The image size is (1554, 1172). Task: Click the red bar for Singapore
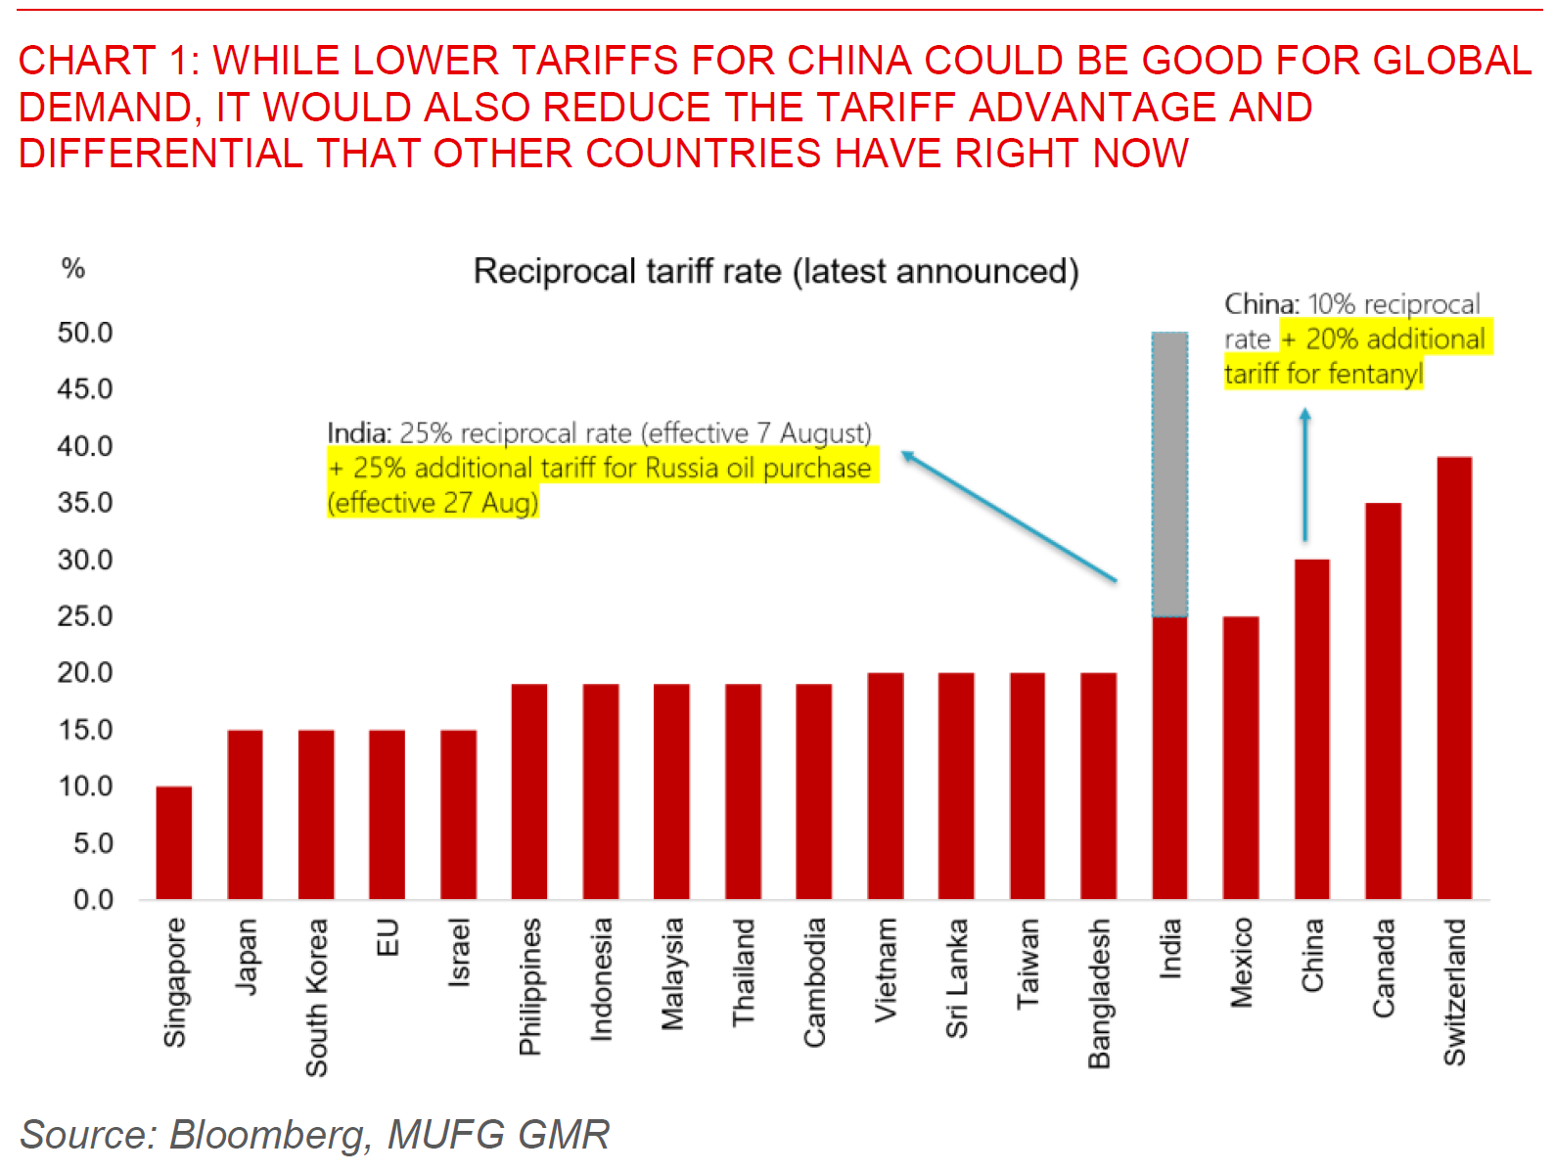(x=174, y=842)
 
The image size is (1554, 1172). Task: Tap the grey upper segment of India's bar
(x=1169, y=474)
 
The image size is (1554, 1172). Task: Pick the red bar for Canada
(x=1383, y=700)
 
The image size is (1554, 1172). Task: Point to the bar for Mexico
(x=1241, y=757)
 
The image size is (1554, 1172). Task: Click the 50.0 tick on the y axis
(x=85, y=333)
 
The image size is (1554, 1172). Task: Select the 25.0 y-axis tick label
(x=85, y=616)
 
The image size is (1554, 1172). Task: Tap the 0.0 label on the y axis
(x=93, y=900)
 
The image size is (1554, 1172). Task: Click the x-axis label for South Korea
(x=316, y=997)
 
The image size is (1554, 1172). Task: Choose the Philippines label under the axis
(x=529, y=986)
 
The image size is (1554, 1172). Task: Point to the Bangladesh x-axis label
(x=1099, y=993)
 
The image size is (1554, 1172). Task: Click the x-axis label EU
(x=388, y=937)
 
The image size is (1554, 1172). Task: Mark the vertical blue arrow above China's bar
(x=1304, y=474)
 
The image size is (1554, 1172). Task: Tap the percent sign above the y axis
(x=73, y=268)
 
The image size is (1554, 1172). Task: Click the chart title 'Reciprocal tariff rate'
(x=776, y=271)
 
